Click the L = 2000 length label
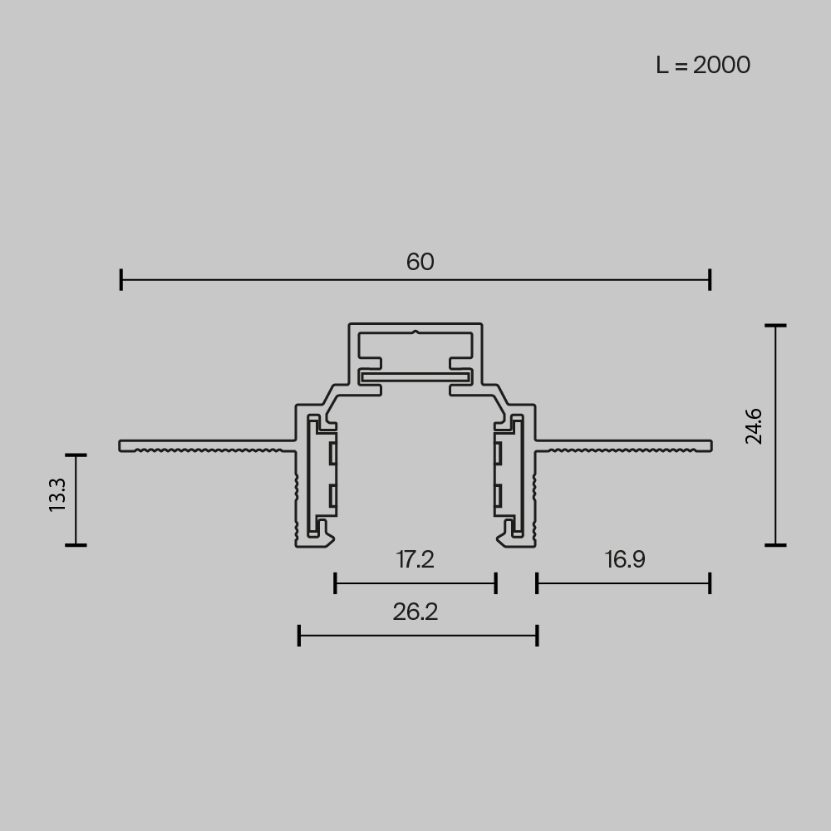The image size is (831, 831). coord(703,65)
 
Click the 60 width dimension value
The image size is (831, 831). coord(420,262)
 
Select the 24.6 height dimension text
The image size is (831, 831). coord(754,426)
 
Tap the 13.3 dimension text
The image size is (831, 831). coord(57,494)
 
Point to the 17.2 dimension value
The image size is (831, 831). coord(415,559)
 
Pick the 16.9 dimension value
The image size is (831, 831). coord(625,559)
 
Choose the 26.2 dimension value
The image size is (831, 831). coord(415,612)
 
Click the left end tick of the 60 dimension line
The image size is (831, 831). coord(121,280)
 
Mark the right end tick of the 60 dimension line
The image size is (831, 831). coord(710,280)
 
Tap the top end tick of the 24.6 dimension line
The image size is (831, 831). coord(775,327)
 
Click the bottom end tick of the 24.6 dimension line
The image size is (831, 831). coord(775,545)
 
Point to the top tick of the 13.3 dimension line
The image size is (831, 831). coord(76,455)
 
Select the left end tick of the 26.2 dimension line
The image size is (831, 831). coord(299,637)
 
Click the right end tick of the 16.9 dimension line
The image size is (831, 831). coord(710,583)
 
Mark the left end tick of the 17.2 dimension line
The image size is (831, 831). coord(335,583)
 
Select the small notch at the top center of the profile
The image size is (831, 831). coord(415,333)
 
